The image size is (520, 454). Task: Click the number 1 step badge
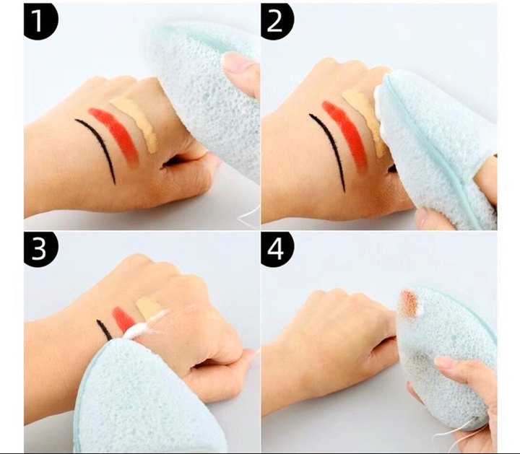click(39, 20)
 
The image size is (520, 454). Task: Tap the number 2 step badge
click(276, 20)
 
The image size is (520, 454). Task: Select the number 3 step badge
click(39, 248)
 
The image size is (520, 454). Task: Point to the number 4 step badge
click(276, 248)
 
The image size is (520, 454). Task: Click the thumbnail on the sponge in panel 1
click(236, 63)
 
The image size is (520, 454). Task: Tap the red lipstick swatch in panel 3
click(123, 320)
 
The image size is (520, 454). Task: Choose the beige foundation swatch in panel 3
click(149, 307)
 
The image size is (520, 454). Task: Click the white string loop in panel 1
click(249, 215)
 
